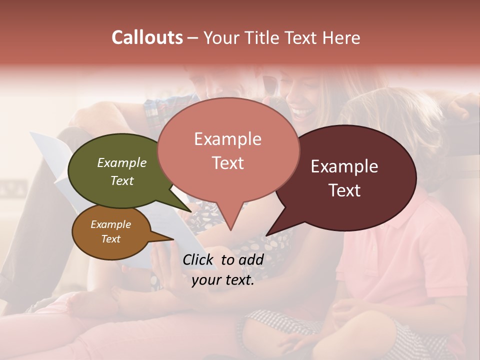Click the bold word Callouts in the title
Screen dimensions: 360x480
(x=147, y=38)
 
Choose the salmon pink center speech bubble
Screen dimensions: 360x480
(x=228, y=150)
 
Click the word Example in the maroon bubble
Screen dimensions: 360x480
(x=344, y=166)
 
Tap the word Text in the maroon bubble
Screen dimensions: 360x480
(x=345, y=190)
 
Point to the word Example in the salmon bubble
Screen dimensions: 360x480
(x=228, y=139)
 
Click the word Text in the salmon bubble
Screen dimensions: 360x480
(x=228, y=162)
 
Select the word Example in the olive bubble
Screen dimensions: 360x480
(x=122, y=162)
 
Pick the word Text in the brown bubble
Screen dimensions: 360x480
(x=111, y=239)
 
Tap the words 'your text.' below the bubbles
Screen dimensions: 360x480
(x=223, y=280)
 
